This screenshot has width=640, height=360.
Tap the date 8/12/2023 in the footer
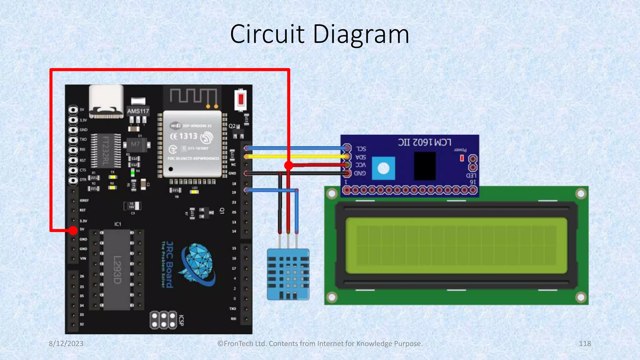pos(66,343)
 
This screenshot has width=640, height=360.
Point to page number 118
pos(585,343)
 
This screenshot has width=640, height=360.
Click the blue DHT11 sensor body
pos(288,274)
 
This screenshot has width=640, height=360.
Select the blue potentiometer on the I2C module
pos(383,168)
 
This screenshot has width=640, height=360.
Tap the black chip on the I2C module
pos(425,166)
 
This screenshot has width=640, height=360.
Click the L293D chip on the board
pos(117,270)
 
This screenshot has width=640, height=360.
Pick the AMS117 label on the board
pos(138,111)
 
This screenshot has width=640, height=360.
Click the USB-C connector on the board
pos(106,102)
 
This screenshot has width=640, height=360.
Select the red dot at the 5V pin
pos(73,231)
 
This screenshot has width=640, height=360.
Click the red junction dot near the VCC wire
pos(289,165)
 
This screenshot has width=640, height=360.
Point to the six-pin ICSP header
pos(163,320)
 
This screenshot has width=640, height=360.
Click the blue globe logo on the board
pos(198,264)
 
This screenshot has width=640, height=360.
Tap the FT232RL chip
pos(106,151)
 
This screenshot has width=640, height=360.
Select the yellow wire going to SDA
pos(297,156)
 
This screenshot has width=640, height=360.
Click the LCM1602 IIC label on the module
pos(424,142)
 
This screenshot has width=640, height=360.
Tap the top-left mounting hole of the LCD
pos(332,194)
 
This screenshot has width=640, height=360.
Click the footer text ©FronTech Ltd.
pos(320,343)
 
